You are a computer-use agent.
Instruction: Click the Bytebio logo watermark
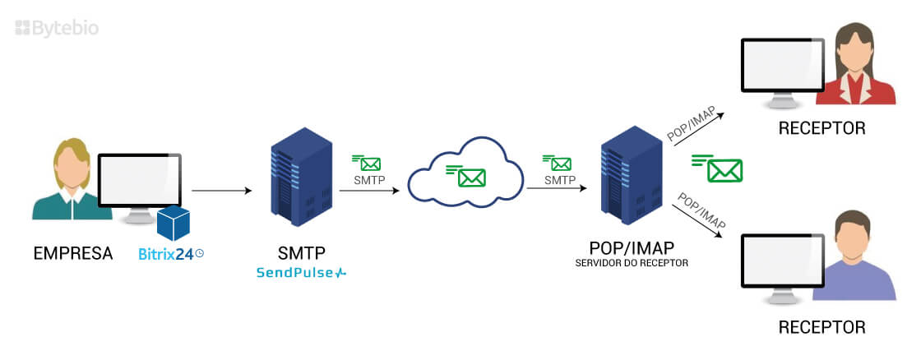click(x=58, y=28)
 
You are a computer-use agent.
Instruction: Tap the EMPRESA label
click(x=73, y=253)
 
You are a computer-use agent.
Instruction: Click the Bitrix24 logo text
click(x=166, y=254)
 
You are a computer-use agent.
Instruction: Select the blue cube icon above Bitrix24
click(x=174, y=223)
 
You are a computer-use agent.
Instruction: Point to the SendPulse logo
click(x=301, y=272)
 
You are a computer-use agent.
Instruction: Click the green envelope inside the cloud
click(x=471, y=177)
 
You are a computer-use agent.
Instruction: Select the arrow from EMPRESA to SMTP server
click(x=221, y=191)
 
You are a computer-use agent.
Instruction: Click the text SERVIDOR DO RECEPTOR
click(x=632, y=263)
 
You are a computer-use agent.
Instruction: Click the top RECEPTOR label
click(x=822, y=128)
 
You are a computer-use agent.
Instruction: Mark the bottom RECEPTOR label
click(x=822, y=327)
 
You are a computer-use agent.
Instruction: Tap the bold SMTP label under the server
click(x=301, y=253)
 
